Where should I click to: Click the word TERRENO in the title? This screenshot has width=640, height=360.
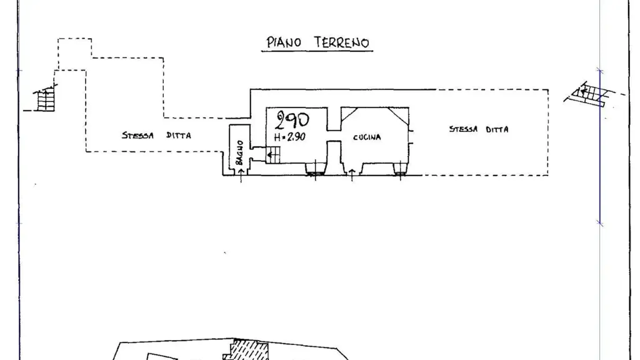pos(342,42)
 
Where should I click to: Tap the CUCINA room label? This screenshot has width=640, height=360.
pos(367,137)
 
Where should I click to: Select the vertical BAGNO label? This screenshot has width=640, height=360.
pos(239,152)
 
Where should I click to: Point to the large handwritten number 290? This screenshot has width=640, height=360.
pos(292,120)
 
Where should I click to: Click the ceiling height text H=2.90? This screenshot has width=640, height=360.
pos(289,137)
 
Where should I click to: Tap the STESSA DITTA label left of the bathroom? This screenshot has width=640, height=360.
pos(156,135)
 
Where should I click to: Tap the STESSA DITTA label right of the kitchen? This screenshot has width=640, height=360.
pos(479,129)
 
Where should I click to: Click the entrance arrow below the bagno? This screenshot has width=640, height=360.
pos(241,175)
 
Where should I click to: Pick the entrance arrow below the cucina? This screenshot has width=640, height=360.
pos(352,174)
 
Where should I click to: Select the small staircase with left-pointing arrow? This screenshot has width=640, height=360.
pos(273,155)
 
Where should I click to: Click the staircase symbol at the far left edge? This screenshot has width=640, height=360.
pos(44,99)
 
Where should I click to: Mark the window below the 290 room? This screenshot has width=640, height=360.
pos(315,169)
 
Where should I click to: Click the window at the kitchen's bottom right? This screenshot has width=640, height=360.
pos(400,169)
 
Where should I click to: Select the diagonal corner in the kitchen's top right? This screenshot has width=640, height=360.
pos(398,115)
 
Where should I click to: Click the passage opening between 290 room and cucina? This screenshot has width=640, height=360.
pos(334,136)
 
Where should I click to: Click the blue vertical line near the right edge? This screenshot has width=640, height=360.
pos(600,147)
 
